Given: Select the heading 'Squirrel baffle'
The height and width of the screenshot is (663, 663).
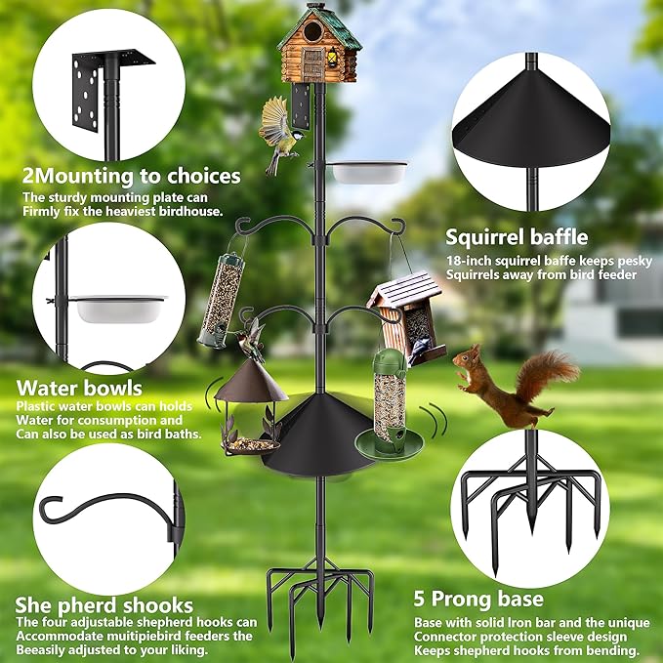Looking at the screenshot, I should (517, 236).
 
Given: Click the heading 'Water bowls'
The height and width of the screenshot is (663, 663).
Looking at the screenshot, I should (78, 389).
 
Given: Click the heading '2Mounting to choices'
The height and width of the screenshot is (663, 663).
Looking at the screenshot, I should (131, 177).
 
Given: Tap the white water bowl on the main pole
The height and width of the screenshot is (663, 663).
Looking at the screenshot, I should (368, 172).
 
